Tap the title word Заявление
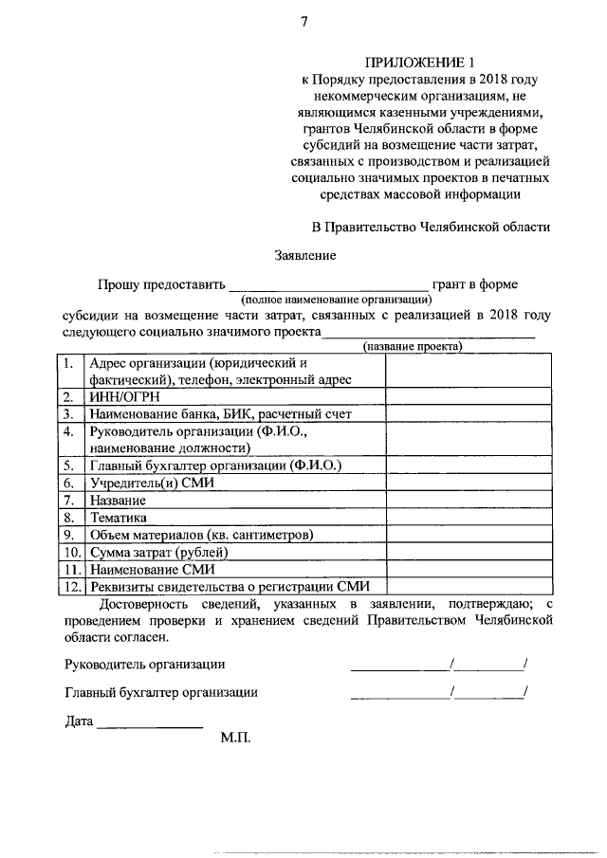tap(304, 255)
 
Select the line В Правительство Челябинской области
tap(431, 227)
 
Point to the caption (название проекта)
tap(414, 346)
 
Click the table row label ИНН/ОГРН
tap(118, 397)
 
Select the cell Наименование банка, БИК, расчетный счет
tap(219, 414)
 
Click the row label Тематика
tap(119, 518)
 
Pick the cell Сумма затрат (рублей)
tap(158, 552)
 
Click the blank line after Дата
tap(150, 726)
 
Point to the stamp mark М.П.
tap(235, 736)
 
